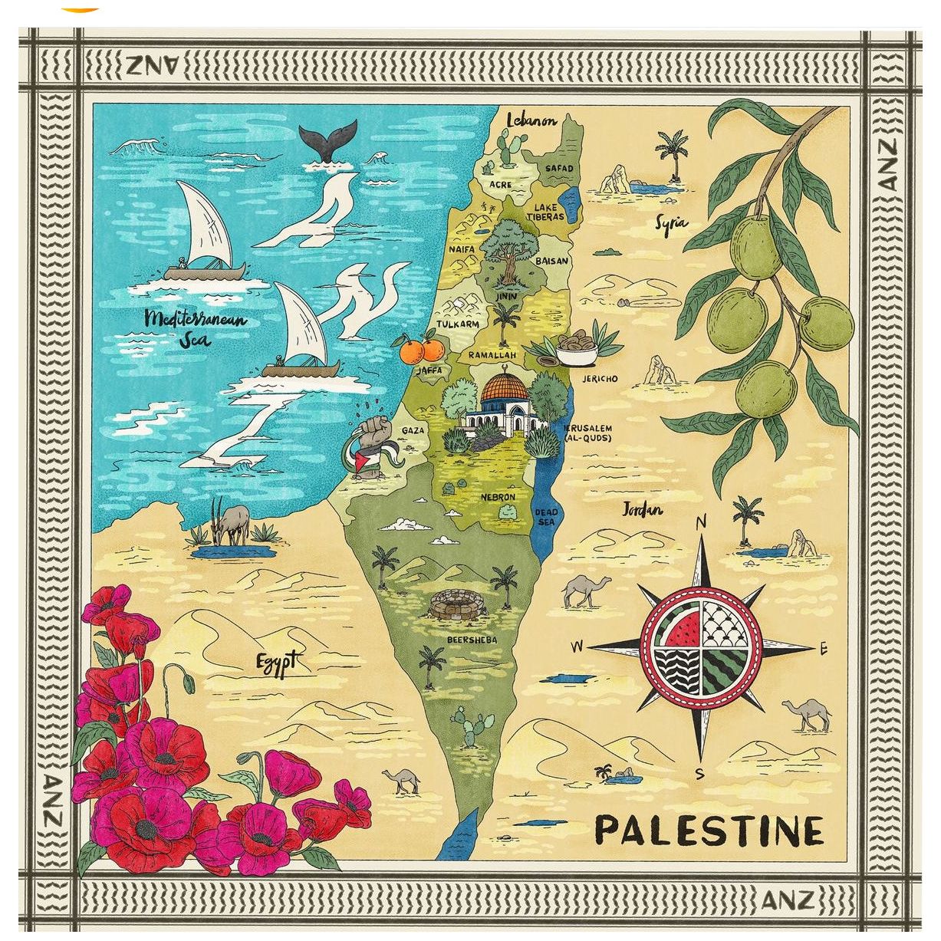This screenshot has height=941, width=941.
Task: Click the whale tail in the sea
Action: [x=328, y=141]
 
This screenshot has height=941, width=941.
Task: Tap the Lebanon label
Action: [x=531, y=120]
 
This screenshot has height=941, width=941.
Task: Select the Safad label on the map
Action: [x=558, y=168]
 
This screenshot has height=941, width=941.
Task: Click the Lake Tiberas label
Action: [x=545, y=212]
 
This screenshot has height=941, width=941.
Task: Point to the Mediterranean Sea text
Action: [x=196, y=327]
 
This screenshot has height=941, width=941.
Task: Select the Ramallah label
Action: [x=492, y=356]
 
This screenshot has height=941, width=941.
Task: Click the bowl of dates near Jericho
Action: [x=577, y=350]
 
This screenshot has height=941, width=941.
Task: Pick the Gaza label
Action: [x=413, y=430]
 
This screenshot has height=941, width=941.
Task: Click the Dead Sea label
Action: [x=546, y=517]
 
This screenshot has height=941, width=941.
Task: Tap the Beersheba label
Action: [x=472, y=640]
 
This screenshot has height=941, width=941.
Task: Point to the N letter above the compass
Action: [x=700, y=523]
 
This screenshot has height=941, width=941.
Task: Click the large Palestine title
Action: [x=709, y=831]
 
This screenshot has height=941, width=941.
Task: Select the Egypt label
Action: [x=275, y=662]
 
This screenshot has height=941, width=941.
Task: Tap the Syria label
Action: [x=671, y=223]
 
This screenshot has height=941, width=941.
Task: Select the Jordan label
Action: [x=642, y=509]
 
